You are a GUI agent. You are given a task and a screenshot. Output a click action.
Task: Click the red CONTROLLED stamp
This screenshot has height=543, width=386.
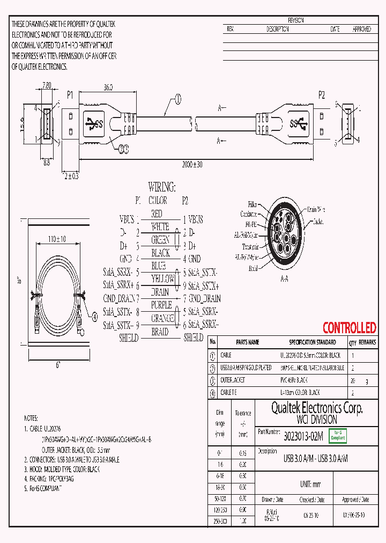tap(349, 328)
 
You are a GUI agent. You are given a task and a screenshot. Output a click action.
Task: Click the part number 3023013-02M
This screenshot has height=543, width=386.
tap(303, 437)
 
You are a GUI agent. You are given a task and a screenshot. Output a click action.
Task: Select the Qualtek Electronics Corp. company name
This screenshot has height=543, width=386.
tap(316, 408)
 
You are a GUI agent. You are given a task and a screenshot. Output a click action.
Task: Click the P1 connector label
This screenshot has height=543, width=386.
tap(70, 95)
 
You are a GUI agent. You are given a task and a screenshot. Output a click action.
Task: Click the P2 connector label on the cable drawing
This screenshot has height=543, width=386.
tap(322, 95)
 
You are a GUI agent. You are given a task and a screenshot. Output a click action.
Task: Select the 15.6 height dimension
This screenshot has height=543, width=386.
tap(21, 124)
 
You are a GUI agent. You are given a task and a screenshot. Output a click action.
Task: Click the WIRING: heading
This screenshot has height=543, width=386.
tap(161, 187)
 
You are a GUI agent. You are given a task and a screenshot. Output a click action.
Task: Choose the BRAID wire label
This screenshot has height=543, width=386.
tap(160, 332)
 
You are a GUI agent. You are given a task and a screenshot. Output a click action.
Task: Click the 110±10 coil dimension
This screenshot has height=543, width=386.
tap(57, 238)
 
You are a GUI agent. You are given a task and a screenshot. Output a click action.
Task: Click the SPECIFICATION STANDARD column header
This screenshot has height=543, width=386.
tap(312, 342)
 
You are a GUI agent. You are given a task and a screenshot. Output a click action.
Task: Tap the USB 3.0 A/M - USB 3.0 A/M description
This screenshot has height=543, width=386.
tap(315, 459)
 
